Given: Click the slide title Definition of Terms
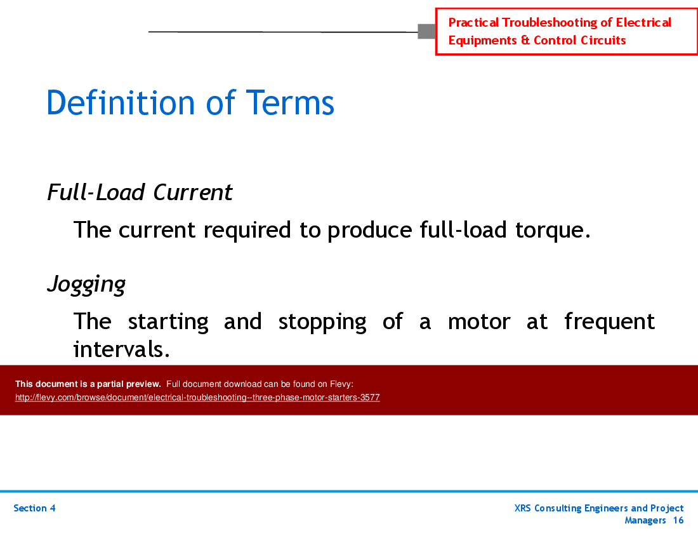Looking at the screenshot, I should [x=190, y=103].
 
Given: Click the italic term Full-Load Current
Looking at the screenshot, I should [x=140, y=192].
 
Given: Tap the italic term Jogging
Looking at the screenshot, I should [x=86, y=284].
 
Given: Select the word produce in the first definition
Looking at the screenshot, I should [x=369, y=230].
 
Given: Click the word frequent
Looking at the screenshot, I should [x=609, y=321].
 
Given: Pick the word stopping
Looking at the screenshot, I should [x=322, y=321].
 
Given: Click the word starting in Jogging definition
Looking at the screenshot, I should [x=168, y=321].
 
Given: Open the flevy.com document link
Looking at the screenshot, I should [x=197, y=398].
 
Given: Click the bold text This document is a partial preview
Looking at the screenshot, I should [x=88, y=384].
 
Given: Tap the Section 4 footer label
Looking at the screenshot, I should [x=34, y=508].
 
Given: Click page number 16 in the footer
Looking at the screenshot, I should [x=678, y=520].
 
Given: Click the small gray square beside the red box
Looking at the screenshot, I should [x=426, y=31].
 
